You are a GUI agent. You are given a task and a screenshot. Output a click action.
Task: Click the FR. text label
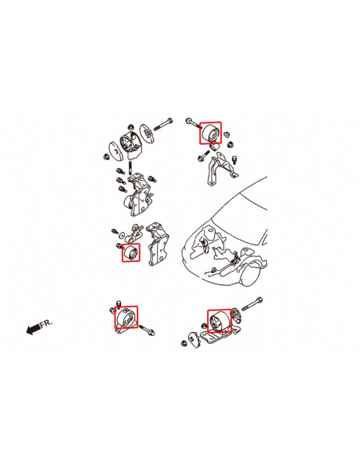[x=45, y=323]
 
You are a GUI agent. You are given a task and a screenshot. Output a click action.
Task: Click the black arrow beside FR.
[x=33, y=329]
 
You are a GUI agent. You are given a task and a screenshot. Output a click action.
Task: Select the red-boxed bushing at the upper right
[x=210, y=132]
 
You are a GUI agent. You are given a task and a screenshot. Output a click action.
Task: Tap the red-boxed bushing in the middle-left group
[x=131, y=252]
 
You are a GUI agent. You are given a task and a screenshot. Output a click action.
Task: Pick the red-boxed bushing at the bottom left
[x=127, y=318]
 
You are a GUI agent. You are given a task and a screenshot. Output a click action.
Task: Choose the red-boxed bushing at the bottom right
[x=219, y=321]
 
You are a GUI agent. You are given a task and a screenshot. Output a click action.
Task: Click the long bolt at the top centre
[x=162, y=123]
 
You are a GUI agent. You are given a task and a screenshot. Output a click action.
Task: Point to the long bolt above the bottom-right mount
[x=252, y=303]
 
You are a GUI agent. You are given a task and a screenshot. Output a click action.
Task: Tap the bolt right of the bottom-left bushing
[x=147, y=330]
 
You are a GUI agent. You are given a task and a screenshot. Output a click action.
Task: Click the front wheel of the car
[x=253, y=273]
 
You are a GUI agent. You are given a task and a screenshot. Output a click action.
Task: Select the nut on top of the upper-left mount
[x=131, y=127]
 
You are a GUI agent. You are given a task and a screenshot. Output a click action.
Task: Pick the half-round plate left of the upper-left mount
[x=115, y=150]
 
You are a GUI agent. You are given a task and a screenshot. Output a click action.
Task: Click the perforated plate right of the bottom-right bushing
[x=237, y=315]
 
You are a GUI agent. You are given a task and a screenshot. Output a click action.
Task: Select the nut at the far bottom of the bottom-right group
[x=183, y=344]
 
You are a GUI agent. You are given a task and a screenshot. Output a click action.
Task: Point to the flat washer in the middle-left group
[x=122, y=235]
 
